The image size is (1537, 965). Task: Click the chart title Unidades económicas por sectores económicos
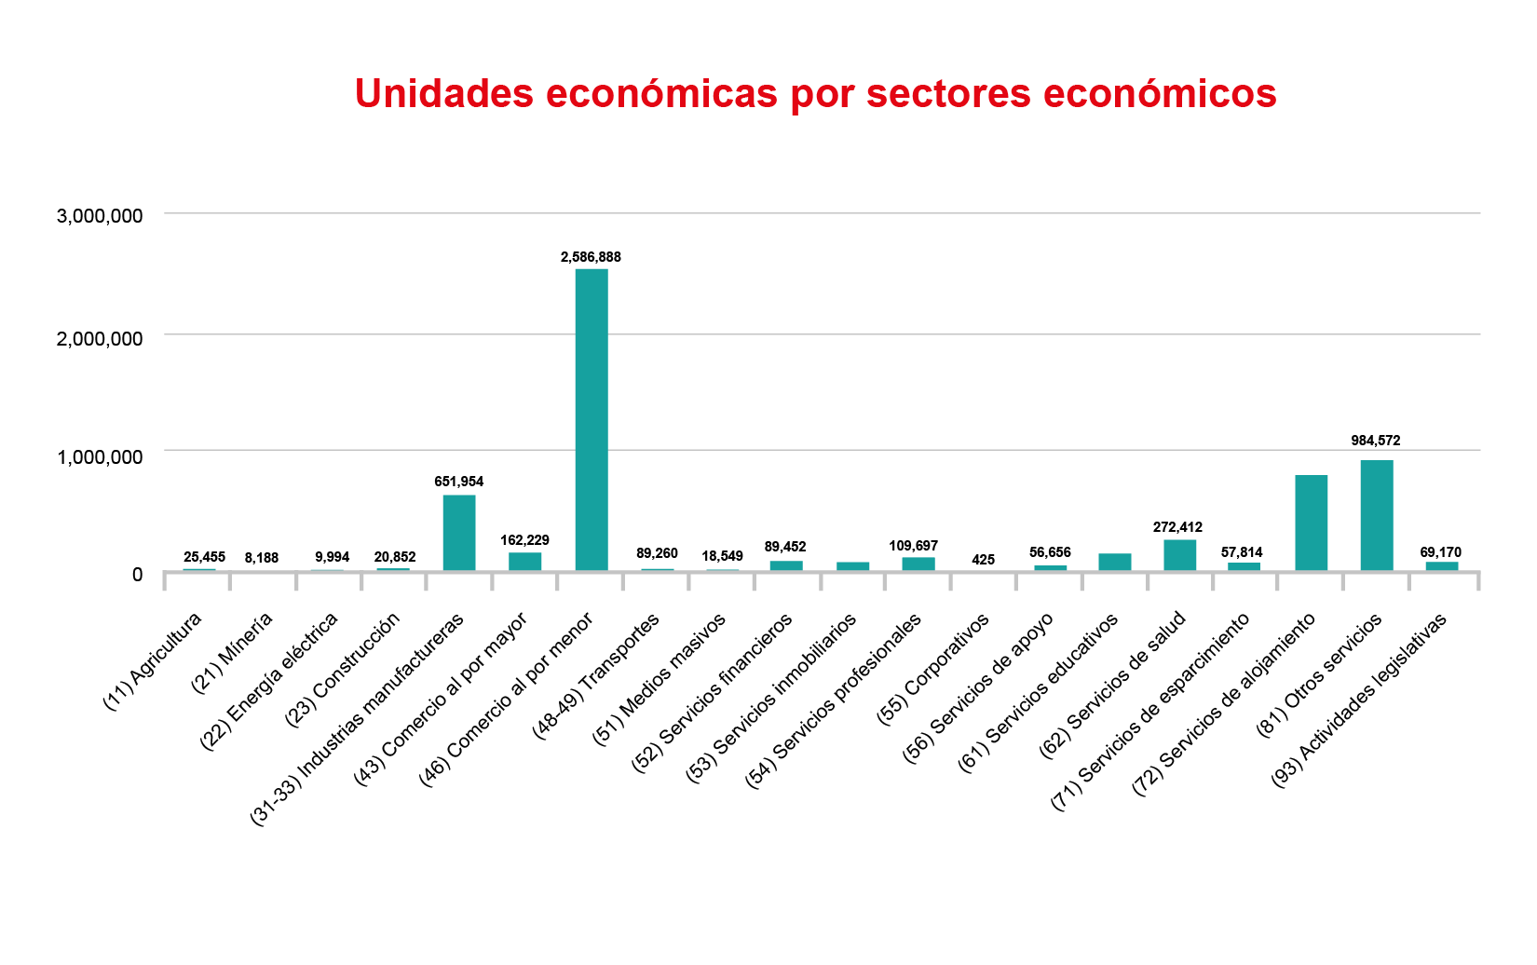coord(815,93)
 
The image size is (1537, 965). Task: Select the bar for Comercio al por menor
coord(592,419)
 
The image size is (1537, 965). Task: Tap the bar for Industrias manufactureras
coord(459,533)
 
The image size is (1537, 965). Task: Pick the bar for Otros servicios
coord(1377,515)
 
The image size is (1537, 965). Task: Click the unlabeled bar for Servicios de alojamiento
coord(1311,523)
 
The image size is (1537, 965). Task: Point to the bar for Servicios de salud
coord(1179,555)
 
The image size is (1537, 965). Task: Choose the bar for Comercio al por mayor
coord(524,562)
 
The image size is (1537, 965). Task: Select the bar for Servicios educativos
coord(1114,562)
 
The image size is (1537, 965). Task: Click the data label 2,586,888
coord(591,257)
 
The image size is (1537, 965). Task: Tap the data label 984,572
coord(1376,441)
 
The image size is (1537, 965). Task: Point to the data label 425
coord(983,560)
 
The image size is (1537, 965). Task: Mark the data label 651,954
coord(459,482)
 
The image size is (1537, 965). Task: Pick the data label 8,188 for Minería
coord(262,558)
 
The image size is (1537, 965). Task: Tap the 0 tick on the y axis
coord(137,575)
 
